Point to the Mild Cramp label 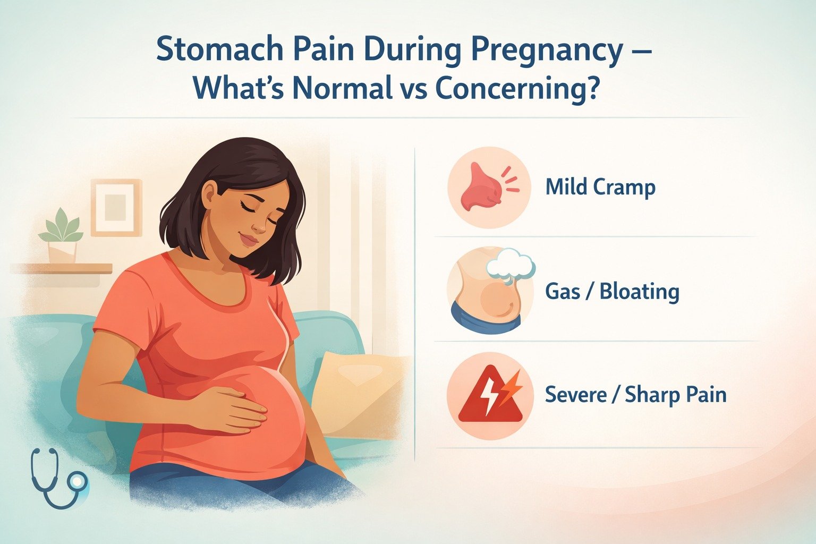pos(600,188)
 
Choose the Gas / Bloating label pos(612,292)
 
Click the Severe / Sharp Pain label pos(635,395)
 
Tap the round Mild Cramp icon pos(489,188)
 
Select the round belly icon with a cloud pos(489,291)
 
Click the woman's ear pos(209,192)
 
